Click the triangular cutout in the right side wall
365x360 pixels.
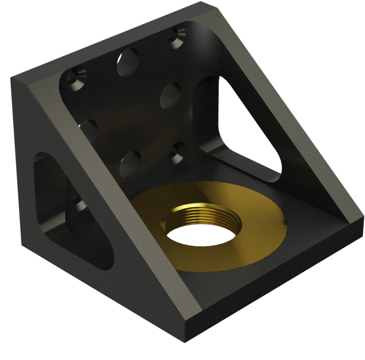click(247, 126)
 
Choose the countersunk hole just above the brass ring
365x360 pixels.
click(178, 152)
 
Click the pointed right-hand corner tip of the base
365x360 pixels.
click(362, 217)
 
